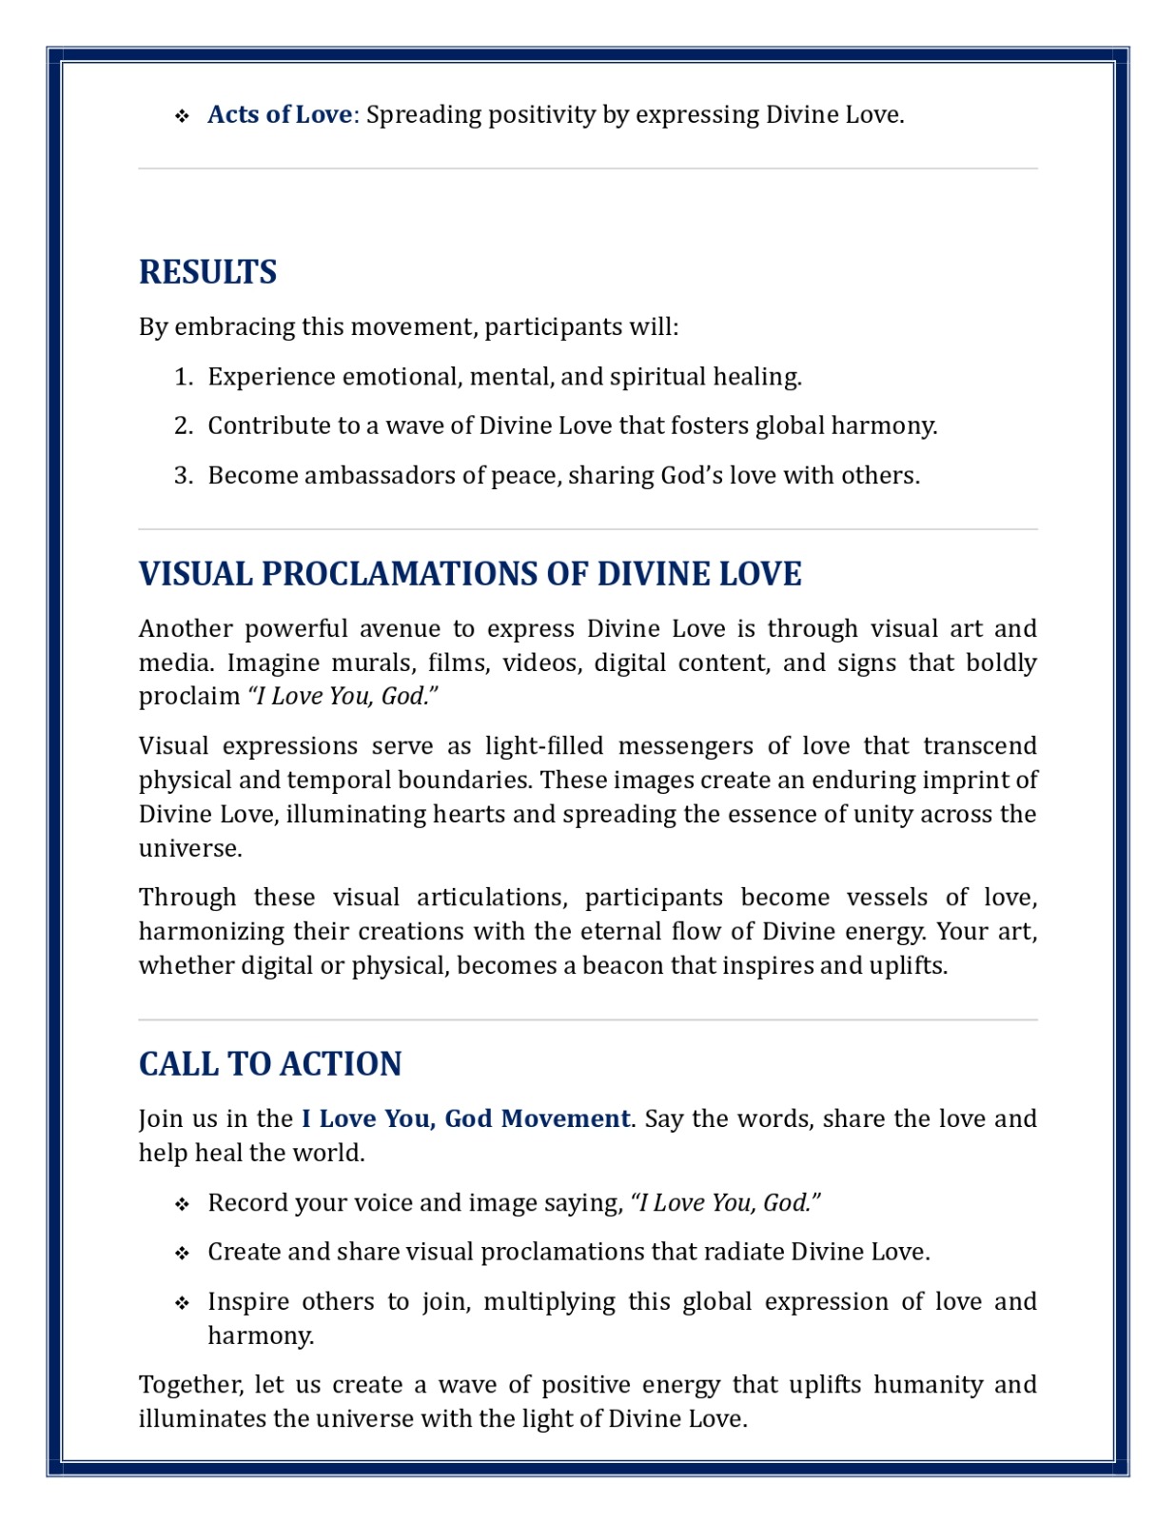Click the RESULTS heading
207,272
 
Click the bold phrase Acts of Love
280,115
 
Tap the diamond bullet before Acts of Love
182,116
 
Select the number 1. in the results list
185,377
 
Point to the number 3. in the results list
185,476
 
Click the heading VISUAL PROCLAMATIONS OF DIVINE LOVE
470,574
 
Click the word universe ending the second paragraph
189,848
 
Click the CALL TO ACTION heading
270,1064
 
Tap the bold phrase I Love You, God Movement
465,1118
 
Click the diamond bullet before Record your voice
182,1204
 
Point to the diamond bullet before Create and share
182,1253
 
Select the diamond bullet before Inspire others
182,1302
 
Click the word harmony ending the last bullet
260,1336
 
